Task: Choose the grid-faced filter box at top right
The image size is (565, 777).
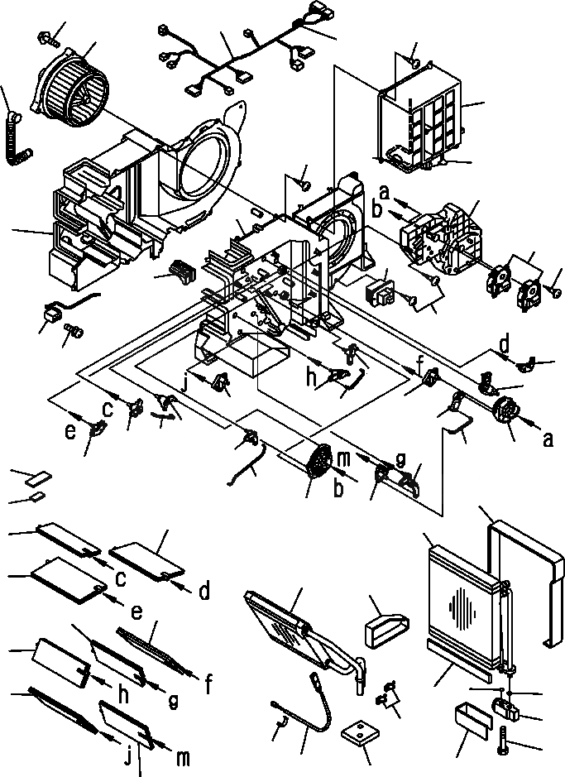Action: click(x=422, y=120)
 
